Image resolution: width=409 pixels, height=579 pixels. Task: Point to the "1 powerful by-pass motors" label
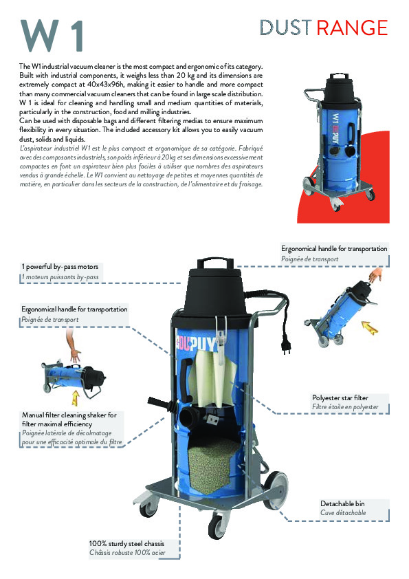pos(60,266)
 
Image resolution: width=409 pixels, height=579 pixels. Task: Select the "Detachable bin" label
pos(343,503)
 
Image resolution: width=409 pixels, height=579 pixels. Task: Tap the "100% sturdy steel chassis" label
pos(126,543)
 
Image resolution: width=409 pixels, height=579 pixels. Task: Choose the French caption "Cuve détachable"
pos(343,513)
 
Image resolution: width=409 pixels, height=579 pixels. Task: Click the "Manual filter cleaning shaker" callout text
pos(69,419)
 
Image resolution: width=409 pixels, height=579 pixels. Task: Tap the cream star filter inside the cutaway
pos(212,382)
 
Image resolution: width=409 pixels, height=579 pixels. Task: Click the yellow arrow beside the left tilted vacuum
pos(73,397)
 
